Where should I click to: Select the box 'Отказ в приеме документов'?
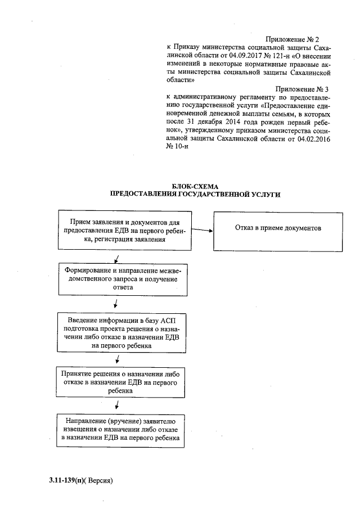tap(277, 230)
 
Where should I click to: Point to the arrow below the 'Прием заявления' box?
tap(116, 258)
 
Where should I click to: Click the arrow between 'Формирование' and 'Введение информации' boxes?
tap(115, 304)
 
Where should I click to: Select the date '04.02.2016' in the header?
tap(312, 138)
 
